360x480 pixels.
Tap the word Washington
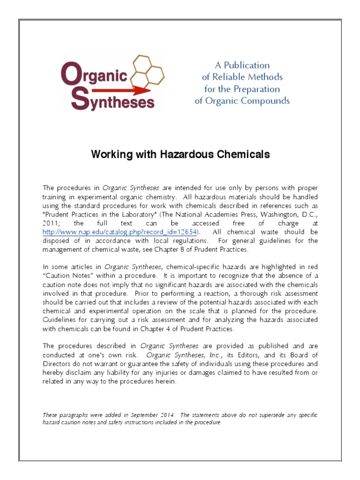(264, 214)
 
